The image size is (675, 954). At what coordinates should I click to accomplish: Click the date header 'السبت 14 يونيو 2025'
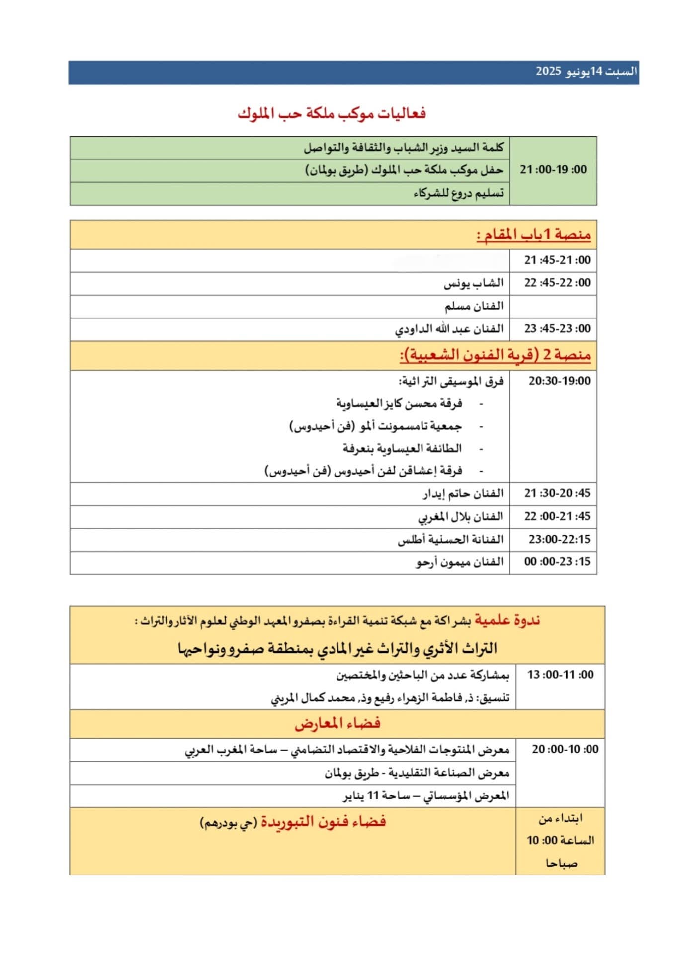coord(586,71)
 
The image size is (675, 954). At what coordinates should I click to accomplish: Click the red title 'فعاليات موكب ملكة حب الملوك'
coord(332,114)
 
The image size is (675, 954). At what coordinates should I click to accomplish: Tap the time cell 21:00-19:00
coord(553,170)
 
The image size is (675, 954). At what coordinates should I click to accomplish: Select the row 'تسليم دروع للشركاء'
coord(458,193)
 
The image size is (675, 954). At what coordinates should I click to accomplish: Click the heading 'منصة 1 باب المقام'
coord(533,235)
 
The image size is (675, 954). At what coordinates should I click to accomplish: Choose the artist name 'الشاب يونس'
coord(473,283)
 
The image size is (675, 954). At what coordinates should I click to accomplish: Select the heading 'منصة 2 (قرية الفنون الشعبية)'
coord(495,355)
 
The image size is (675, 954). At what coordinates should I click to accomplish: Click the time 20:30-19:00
coord(559,381)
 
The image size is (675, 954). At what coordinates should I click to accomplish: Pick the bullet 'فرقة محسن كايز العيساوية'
coord(399,403)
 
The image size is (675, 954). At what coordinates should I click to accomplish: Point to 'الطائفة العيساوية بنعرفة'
coord(402,449)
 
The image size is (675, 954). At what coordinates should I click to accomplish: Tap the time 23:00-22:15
coord(559,539)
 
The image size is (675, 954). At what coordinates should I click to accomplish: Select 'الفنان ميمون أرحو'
coord(460,562)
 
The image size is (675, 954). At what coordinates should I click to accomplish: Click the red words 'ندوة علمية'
coord(507,620)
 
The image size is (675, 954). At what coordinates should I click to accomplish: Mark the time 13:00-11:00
coord(560,675)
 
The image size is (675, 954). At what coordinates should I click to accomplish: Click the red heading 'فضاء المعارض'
coord(337,723)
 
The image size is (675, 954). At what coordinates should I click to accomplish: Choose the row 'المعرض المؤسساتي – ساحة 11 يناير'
coord(426,796)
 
